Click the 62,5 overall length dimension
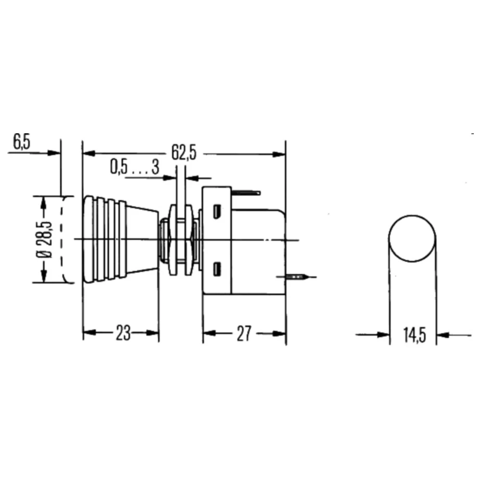[x=184, y=152]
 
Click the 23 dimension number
[x=123, y=333]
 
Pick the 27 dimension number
[x=244, y=333]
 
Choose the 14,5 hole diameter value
[x=414, y=335]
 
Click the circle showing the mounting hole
[x=413, y=239]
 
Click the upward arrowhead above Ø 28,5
[x=44, y=201]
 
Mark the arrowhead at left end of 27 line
[x=208, y=333]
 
